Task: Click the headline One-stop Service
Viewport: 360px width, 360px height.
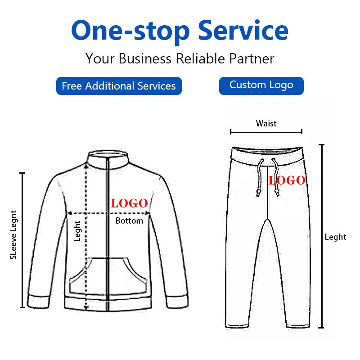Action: [x=180, y=31]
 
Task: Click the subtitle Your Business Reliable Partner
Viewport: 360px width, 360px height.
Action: [x=180, y=58]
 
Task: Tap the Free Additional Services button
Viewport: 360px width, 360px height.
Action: [x=119, y=86]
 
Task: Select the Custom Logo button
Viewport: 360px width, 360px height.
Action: [x=261, y=85]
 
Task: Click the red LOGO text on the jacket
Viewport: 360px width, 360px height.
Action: [x=130, y=203]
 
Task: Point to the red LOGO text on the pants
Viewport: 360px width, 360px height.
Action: [x=287, y=181]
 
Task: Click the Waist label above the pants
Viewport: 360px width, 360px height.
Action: [x=266, y=123]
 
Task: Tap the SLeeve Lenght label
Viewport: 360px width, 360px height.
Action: [x=13, y=235]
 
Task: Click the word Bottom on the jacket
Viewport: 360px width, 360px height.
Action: [x=129, y=221]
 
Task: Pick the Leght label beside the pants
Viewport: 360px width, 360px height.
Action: [x=336, y=237]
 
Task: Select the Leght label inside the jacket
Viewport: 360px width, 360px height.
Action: [x=77, y=230]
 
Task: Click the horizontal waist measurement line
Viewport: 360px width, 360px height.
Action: [x=266, y=132]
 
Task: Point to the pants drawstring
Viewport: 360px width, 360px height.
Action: [x=260, y=178]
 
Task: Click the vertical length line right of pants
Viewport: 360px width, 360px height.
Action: [x=322, y=236]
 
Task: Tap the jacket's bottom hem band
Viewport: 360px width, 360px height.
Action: [x=108, y=303]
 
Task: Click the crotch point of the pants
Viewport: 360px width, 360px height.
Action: [x=268, y=219]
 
